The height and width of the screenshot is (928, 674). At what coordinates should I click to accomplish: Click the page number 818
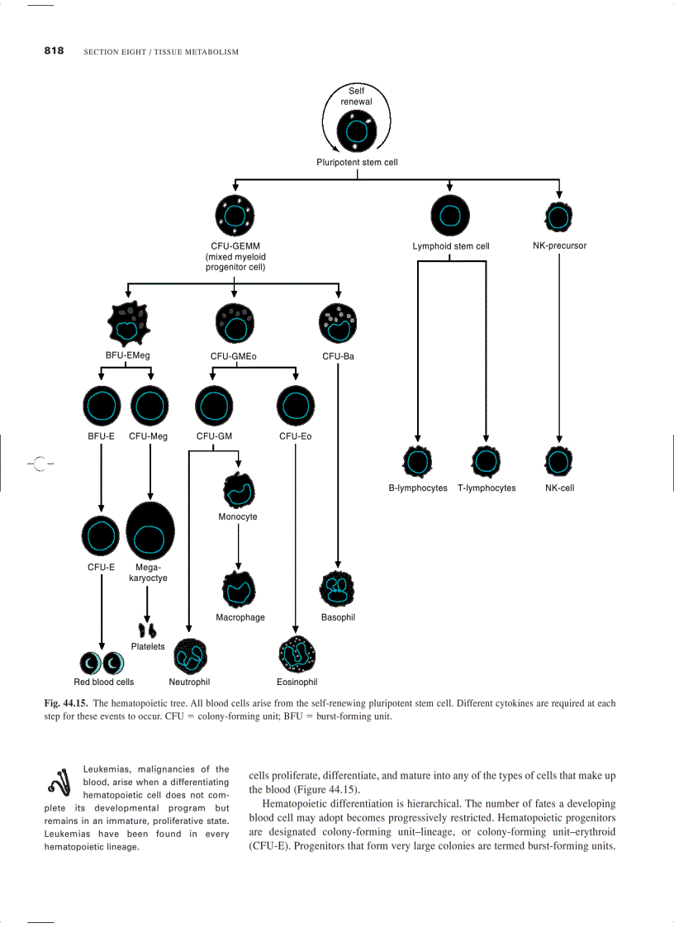pyautogui.click(x=54, y=51)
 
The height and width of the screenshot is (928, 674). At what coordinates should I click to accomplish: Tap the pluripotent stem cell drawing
pyautogui.click(x=357, y=132)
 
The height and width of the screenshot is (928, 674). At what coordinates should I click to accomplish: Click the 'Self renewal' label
pyautogui.click(x=357, y=96)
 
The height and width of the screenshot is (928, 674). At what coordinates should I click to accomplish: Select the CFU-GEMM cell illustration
pyautogui.click(x=234, y=216)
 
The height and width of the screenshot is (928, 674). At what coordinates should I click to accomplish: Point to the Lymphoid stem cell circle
pyautogui.click(x=450, y=216)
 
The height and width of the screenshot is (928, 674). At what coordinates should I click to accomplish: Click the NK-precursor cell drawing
pyautogui.click(x=559, y=217)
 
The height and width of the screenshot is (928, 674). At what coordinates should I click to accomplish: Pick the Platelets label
pyautogui.click(x=148, y=646)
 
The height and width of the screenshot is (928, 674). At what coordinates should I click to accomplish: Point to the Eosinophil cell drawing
pyautogui.click(x=296, y=655)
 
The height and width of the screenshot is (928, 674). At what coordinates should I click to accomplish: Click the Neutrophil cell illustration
pyautogui.click(x=190, y=657)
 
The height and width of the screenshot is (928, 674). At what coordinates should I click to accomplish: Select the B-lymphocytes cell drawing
pyautogui.click(x=418, y=462)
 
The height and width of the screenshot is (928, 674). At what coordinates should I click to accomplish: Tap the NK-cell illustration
pyautogui.click(x=559, y=461)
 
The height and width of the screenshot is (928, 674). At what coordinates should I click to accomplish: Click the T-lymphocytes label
pyautogui.click(x=487, y=488)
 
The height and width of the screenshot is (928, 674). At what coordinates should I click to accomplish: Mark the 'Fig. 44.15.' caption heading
pyautogui.click(x=65, y=704)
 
